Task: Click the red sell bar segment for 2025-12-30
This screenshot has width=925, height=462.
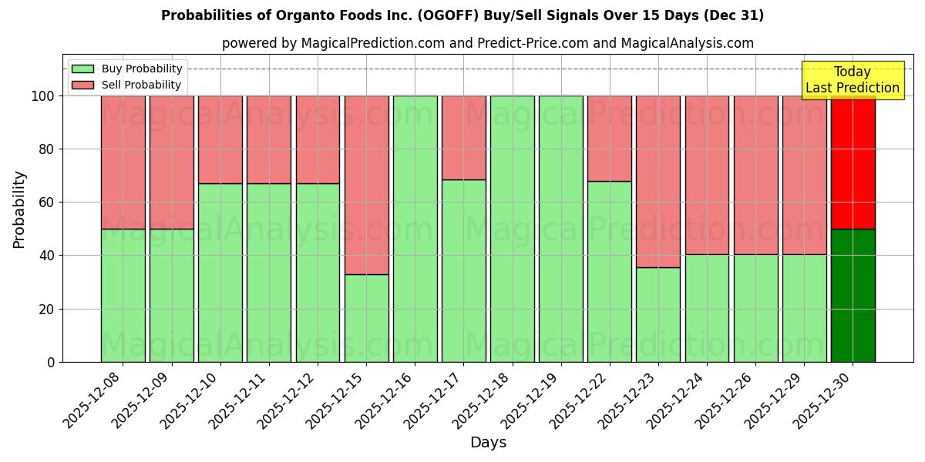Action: (x=853, y=162)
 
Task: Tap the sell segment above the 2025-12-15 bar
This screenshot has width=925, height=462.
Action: (x=366, y=185)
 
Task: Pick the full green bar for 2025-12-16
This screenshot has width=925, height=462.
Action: (x=415, y=229)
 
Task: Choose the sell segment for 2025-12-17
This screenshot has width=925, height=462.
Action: (x=463, y=137)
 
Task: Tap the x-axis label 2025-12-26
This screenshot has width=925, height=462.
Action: (x=725, y=400)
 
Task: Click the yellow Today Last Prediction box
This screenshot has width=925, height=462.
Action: (x=852, y=80)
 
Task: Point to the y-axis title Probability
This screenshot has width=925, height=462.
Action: (x=19, y=209)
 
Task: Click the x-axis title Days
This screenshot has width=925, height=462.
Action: (x=488, y=443)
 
